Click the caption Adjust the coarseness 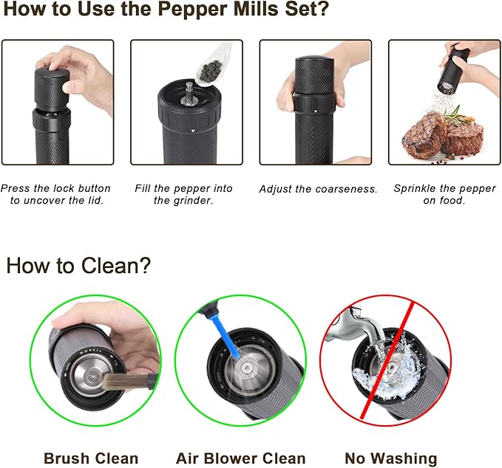[x=318, y=189]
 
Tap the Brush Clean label [x=90, y=458]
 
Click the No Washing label [x=391, y=458]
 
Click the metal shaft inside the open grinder [x=189, y=90]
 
